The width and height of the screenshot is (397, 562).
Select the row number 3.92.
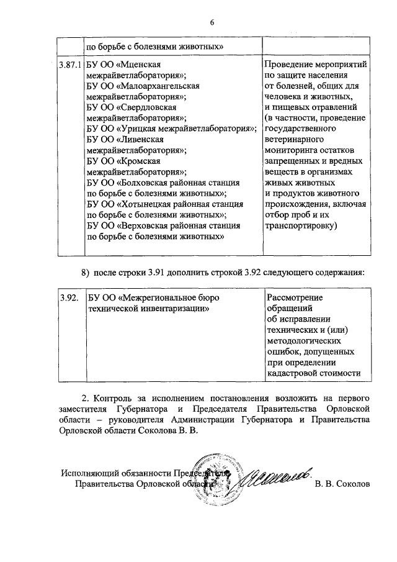69,298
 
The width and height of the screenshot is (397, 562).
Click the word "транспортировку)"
300,226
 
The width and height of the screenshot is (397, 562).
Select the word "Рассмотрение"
293,298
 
